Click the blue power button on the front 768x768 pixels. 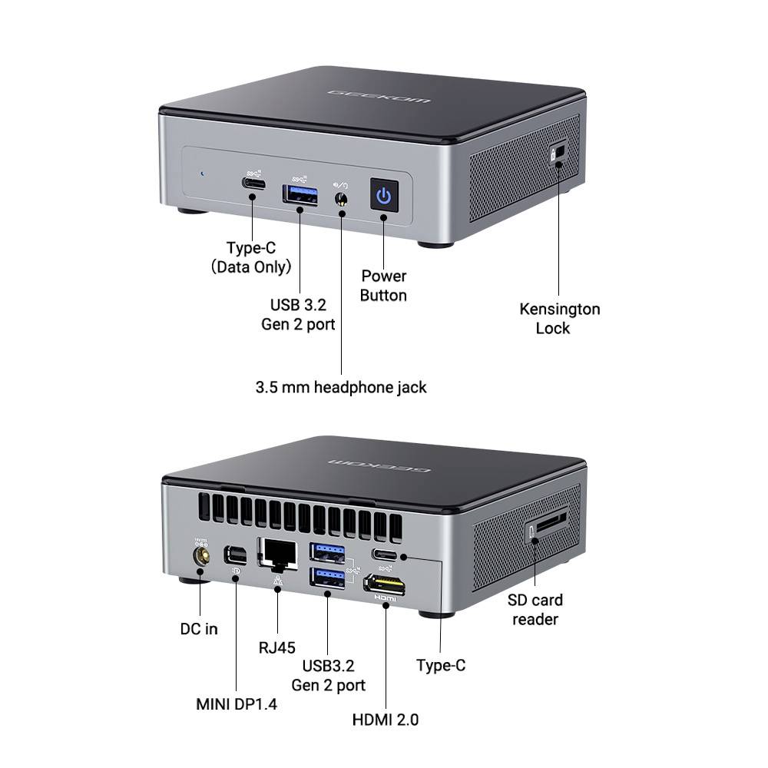pyautogui.click(x=384, y=196)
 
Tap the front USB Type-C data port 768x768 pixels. pyautogui.click(x=253, y=185)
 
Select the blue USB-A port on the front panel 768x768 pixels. pyautogui.click(x=300, y=195)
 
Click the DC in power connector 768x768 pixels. pyautogui.click(x=202, y=554)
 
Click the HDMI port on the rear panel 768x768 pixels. pyautogui.click(x=386, y=584)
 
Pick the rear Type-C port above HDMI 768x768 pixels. pyautogui.click(x=385, y=554)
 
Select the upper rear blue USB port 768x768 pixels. pyautogui.click(x=327, y=551)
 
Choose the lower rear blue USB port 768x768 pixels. pyautogui.click(x=327, y=578)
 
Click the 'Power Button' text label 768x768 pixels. pyautogui.click(x=383, y=285)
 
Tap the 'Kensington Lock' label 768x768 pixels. pyautogui.click(x=559, y=319)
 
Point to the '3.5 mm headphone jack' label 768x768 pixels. pyautogui.click(x=341, y=387)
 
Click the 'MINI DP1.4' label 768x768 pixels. pyautogui.click(x=236, y=703)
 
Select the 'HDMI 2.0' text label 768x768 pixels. pyautogui.click(x=386, y=720)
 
